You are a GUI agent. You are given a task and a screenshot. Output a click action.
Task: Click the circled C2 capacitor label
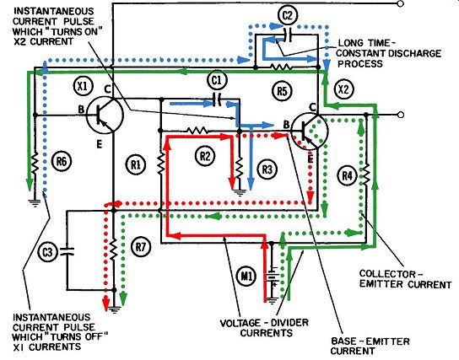point(288,15)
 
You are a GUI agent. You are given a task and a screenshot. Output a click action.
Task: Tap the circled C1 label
point(217,80)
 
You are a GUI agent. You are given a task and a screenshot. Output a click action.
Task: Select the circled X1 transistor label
point(84,86)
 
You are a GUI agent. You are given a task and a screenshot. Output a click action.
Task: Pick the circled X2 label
point(343,89)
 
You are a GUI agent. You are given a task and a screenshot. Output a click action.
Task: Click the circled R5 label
point(282,91)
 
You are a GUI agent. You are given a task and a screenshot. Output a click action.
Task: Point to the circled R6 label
point(62,161)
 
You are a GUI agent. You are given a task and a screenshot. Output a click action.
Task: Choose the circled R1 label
point(136,164)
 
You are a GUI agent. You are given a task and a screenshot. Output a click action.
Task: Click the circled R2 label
point(205,156)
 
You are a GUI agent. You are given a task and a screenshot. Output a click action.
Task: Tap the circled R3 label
point(267,169)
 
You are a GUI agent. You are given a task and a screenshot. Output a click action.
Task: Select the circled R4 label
point(348,175)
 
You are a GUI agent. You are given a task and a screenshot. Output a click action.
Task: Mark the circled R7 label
point(141,246)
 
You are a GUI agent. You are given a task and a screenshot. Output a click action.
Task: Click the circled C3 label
point(48,251)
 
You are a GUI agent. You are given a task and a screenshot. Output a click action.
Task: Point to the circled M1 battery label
point(246,276)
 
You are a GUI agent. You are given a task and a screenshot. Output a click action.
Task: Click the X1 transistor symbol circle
point(105,116)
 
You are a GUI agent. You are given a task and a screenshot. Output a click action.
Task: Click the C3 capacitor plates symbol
point(67,251)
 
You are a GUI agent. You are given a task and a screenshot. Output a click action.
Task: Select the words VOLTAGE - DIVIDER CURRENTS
point(264,328)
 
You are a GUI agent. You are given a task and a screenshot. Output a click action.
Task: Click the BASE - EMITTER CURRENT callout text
point(370,346)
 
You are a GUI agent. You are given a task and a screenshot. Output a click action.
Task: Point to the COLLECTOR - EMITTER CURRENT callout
point(406,279)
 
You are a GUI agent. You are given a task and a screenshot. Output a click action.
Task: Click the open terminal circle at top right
point(401,3)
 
